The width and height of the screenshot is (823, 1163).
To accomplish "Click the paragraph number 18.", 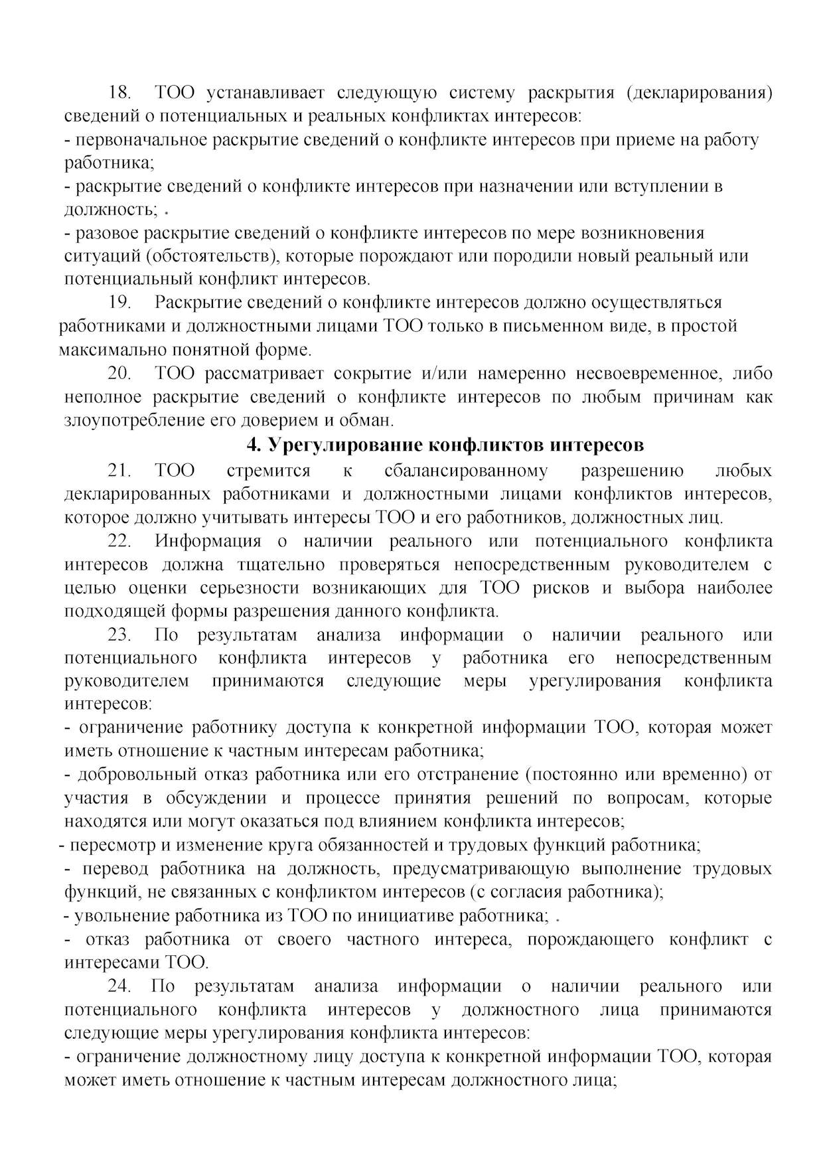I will coord(120,92).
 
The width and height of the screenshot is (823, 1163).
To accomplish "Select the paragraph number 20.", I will coord(120,374).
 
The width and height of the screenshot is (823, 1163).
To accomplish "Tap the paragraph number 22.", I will coord(120,541).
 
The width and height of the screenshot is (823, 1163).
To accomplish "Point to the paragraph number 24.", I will coord(120,986).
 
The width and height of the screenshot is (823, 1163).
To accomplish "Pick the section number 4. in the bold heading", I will coord(253,444).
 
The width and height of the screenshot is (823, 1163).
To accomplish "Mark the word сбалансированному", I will coord(466,471).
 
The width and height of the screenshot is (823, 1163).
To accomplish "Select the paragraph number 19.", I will coord(120,303).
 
